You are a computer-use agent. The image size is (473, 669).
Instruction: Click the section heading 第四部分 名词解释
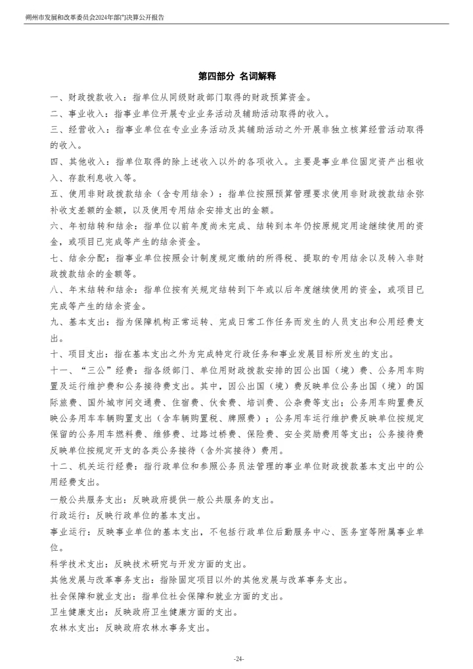[236, 77]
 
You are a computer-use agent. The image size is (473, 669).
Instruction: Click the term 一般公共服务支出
[86, 499]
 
